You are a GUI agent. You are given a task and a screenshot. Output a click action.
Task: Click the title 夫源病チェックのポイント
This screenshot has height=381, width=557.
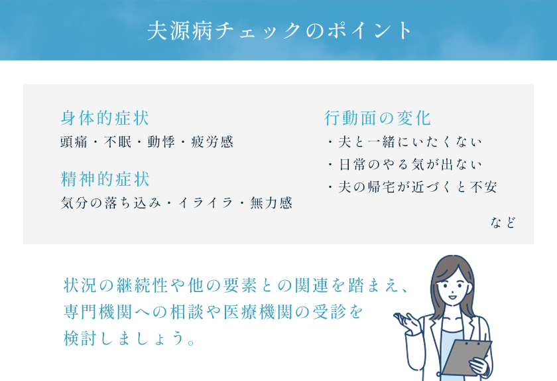coord(279,31)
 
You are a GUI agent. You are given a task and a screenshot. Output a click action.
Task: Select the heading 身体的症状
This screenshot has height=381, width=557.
coord(105,118)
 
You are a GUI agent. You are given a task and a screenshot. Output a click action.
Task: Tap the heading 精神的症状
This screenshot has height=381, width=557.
coord(105,179)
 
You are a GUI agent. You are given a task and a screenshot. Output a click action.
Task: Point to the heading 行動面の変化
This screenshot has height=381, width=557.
coord(377,118)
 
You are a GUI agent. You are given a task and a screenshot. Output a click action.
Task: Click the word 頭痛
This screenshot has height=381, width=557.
coord(74,141)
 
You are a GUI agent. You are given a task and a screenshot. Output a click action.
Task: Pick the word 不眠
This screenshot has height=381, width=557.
coord(117,141)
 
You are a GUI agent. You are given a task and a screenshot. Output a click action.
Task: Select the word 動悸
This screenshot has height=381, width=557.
coord(161,141)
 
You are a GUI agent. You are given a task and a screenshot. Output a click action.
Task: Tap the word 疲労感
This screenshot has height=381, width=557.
coord(212,141)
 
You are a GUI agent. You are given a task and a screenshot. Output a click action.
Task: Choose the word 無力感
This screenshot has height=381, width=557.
coord(271,202)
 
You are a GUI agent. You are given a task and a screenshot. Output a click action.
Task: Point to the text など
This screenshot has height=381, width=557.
coord(503,223)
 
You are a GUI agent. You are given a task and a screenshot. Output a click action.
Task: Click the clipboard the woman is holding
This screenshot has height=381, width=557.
coord(465,358)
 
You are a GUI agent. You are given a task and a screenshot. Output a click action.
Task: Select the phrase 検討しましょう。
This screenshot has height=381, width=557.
coord(129,338)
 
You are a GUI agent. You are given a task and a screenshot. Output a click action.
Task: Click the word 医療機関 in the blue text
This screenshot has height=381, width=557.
coord(258,312)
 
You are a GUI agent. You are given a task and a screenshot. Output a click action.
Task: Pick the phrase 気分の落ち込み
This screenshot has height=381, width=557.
coord(111,202)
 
